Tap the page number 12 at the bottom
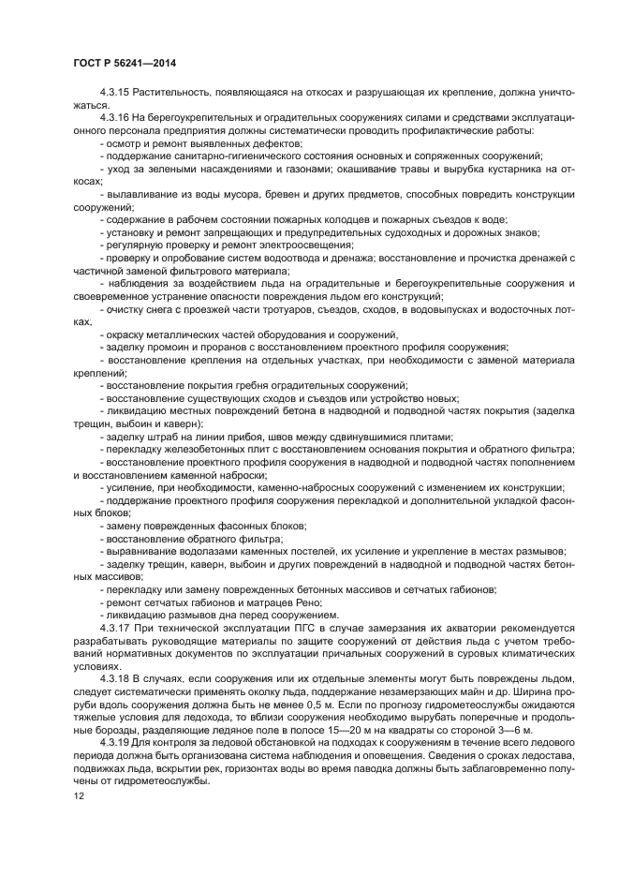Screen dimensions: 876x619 point(79,794)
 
